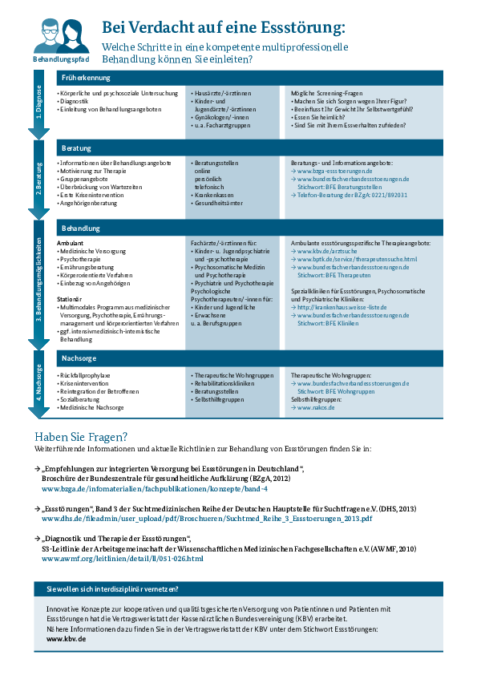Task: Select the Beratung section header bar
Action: click(249, 148)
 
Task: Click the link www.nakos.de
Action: click(316, 408)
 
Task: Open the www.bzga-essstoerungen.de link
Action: click(334, 171)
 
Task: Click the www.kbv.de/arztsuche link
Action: click(327, 251)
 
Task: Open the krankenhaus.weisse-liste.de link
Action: click(342, 307)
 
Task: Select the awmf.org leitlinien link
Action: click(123, 559)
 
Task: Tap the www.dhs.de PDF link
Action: click(207, 519)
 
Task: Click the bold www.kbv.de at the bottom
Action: click(66, 639)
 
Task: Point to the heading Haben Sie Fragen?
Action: click(81, 437)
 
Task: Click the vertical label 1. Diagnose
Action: click(38, 102)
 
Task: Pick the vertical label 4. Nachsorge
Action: click(38, 382)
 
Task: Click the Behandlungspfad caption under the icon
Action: click(61, 59)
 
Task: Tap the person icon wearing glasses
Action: click(48, 35)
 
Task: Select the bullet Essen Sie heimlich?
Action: click(319, 118)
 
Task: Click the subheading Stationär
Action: click(69, 299)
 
